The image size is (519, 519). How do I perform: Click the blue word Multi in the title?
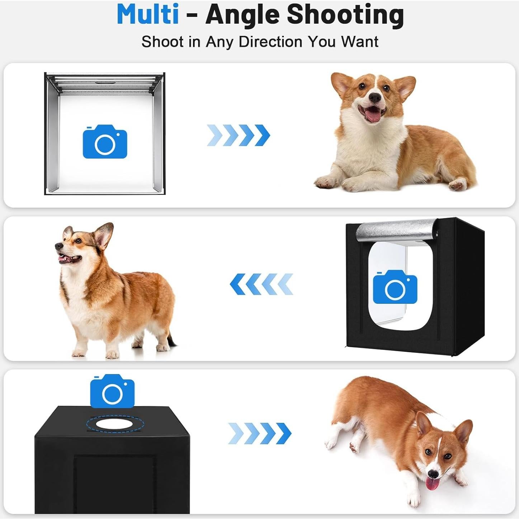coord(147,14)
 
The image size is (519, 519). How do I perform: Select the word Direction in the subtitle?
coord(271,42)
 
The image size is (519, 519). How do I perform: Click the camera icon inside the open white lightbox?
coord(105,142)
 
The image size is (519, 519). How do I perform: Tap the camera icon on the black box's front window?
coord(395,287)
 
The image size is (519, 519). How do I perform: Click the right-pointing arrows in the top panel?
coord(239,135)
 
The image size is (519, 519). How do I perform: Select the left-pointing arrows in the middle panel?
coord(261,284)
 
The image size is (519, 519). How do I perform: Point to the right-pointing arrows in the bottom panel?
coord(260,433)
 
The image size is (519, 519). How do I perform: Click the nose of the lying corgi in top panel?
coord(375,97)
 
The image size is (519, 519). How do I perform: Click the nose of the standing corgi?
coord(58,246)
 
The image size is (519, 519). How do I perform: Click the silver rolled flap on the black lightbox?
coord(396,231)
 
